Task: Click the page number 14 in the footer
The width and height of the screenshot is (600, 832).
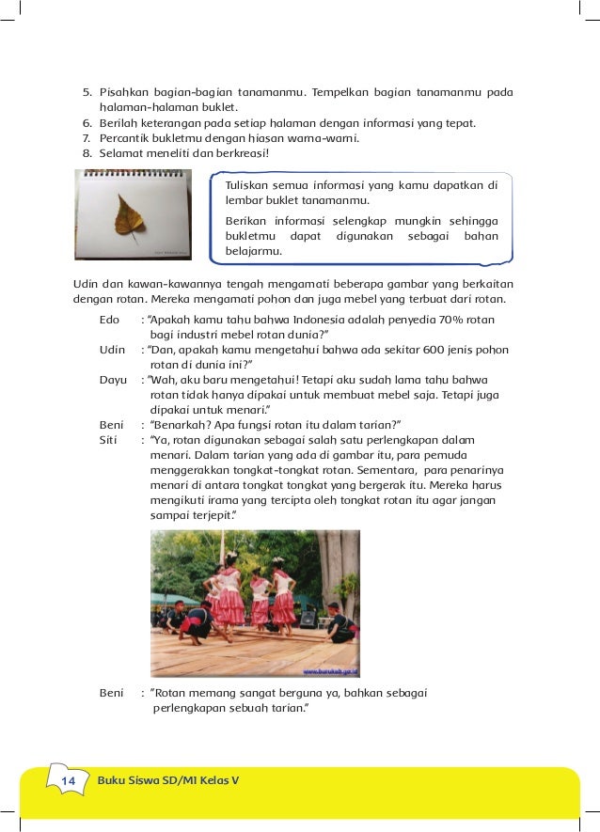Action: point(68,781)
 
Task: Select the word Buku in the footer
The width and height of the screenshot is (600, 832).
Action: point(113,781)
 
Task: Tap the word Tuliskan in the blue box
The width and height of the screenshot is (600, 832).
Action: point(246,184)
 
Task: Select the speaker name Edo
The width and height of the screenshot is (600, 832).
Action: point(110,320)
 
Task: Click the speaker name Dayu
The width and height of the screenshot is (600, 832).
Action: point(113,380)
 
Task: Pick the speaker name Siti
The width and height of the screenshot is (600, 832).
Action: point(110,439)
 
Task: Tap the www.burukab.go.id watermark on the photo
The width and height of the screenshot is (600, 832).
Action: point(329,671)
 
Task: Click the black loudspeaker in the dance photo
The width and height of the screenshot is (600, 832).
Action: point(308,619)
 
